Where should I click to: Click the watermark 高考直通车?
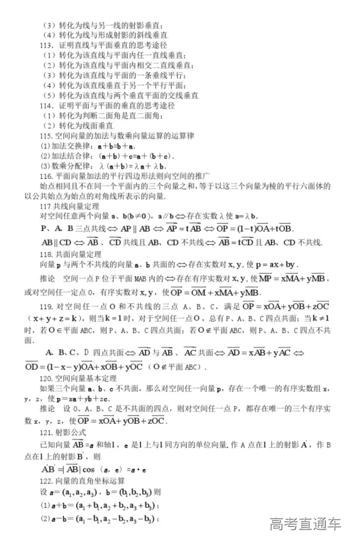coord(305,524)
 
